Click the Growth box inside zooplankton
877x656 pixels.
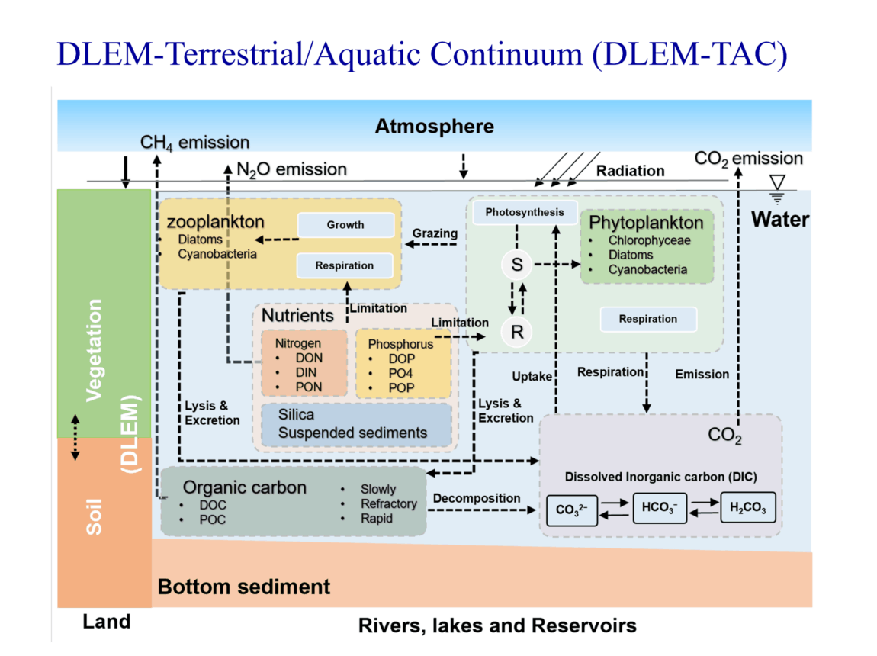tap(345, 225)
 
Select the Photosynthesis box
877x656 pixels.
tap(525, 213)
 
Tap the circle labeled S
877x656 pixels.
tap(517, 265)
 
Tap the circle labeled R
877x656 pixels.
tap(517, 332)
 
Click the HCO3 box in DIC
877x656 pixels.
tap(660, 508)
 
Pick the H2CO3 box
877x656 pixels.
tap(748, 507)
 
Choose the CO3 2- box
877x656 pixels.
tap(572, 510)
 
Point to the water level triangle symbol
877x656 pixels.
tap(777, 183)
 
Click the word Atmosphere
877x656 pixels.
tap(435, 127)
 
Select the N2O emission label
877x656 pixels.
tap(292, 169)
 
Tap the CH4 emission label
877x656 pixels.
tap(194, 143)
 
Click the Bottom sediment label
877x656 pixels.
tap(244, 587)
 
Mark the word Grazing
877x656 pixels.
tap(435, 233)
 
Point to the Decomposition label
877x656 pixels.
tap(477, 498)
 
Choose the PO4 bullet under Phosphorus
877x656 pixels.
tap(400, 373)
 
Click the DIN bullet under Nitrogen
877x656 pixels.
tap(306, 372)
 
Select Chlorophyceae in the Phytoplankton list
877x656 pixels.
tap(649, 240)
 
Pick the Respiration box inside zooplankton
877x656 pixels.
tap(345, 265)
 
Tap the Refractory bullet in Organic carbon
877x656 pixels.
tap(389, 504)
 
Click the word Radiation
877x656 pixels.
tap(631, 171)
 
